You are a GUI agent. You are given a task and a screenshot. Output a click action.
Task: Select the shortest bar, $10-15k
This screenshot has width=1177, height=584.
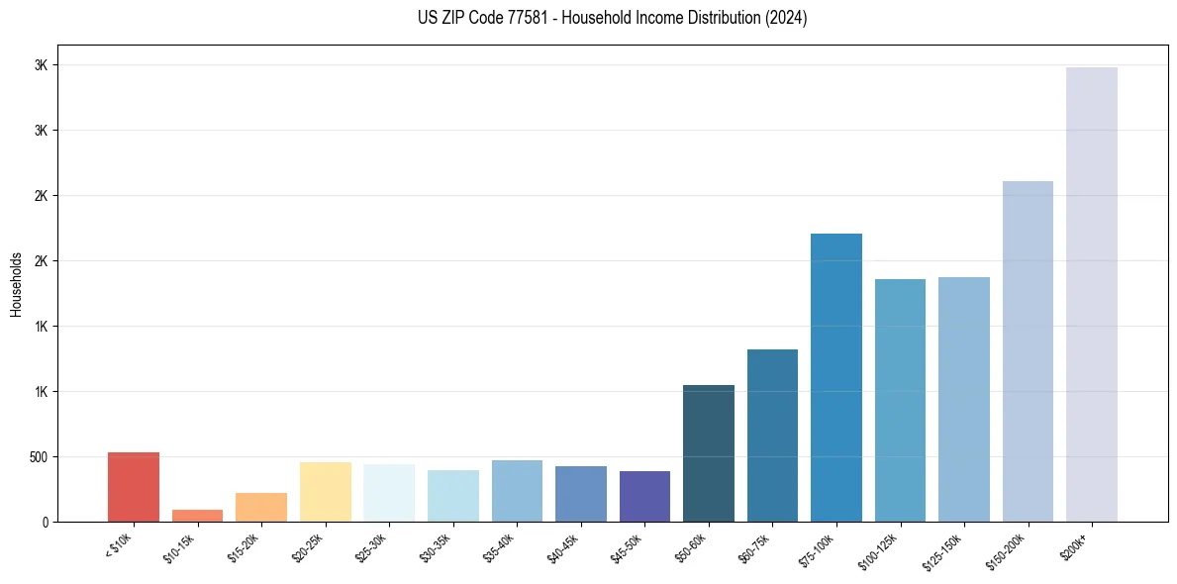(x=197, y=516)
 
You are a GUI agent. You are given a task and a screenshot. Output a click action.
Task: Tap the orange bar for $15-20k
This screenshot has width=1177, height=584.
(x=261, y=507)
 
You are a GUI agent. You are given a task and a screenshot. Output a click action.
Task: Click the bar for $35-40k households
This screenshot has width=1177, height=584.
(x=517, y=491)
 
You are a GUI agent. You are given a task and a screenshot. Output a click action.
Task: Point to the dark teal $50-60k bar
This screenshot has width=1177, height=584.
(x=709, y=453)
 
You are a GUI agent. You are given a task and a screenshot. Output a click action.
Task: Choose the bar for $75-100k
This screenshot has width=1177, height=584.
(x=836, y=377)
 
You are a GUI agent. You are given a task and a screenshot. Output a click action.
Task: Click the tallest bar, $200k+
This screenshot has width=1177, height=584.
(x=1092, y=294)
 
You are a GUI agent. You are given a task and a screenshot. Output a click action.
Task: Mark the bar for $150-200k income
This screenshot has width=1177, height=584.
(x=1028, y=351)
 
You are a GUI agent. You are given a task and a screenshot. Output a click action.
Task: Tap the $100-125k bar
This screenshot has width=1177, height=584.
(x=900, y=400)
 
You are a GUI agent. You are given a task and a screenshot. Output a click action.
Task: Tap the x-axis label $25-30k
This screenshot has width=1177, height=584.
(x=371, y=547)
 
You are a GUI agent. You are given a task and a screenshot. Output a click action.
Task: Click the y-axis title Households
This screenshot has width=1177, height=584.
(x=16, y=284)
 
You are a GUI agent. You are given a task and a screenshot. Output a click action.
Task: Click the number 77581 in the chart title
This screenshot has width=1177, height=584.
(x=515, y=18)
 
